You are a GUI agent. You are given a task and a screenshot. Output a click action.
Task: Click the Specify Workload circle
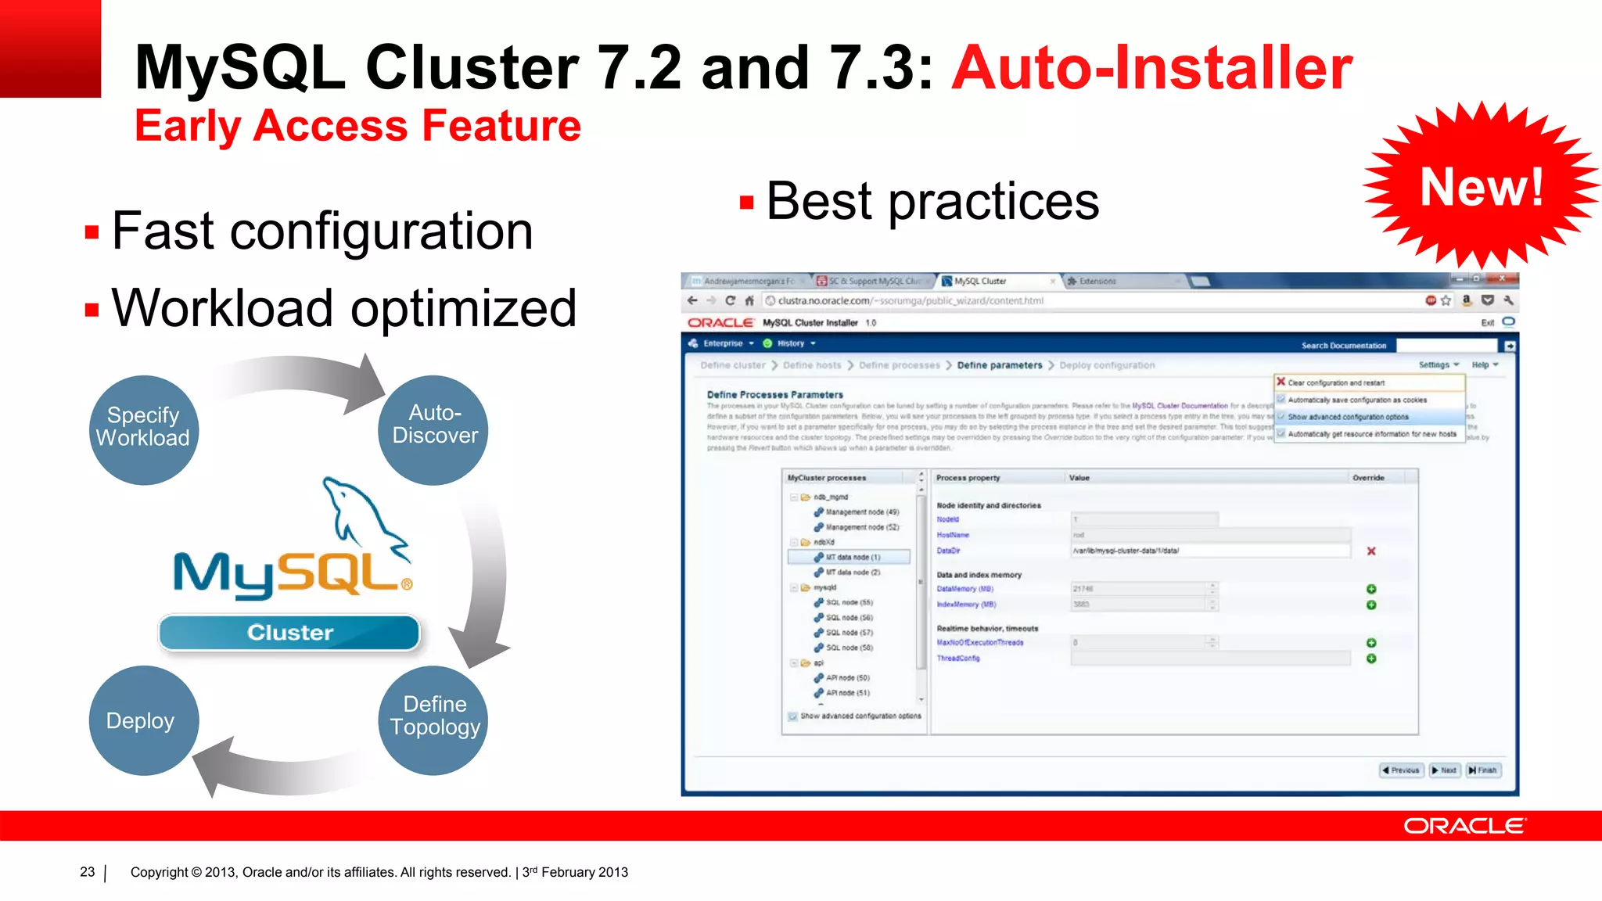(x=143, y=429)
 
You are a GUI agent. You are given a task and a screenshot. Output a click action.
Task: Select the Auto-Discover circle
(x=434, y=429)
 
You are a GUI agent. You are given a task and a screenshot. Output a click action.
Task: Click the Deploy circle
(x=143, y=720)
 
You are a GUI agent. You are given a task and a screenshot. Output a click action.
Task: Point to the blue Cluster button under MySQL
(x=289, y=632)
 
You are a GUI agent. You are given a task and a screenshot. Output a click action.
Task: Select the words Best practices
(x=932, y=201)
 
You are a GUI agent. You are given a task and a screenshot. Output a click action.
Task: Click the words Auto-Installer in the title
(x=1151, y=68)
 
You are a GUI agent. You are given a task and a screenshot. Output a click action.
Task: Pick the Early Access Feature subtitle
(x=357, y=126)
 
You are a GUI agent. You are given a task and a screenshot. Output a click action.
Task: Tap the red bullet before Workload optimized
(x=92, y=310)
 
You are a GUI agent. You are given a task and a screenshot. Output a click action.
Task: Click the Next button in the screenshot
(x=1444, y=770)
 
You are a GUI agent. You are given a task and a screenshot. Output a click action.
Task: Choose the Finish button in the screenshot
(x=1483, y=770)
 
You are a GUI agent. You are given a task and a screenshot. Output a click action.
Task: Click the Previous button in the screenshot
(x=1400, y=770)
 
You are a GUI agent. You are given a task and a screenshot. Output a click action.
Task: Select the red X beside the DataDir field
(x=1371, y=551)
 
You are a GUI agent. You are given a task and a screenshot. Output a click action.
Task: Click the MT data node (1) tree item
(x=852, y=557)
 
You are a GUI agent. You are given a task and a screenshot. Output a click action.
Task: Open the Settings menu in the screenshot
(x=1438, y=364)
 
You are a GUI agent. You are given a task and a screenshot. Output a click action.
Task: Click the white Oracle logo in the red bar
(x=1464, y=826)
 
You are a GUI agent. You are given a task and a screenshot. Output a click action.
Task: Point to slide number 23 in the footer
(x=87, y=872)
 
